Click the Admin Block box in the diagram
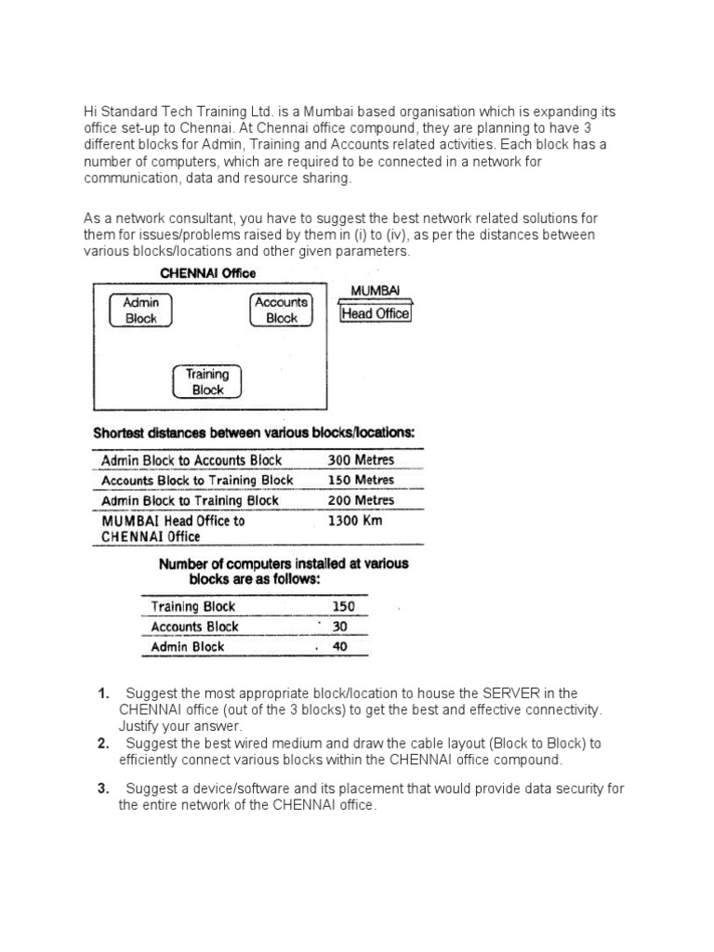pos(141,311)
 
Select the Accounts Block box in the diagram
pos(281,310)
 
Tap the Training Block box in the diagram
pos(207,382)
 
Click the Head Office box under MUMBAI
pos(376,314)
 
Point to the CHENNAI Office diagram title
pos(208,273)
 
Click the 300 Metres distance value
pos(361,460)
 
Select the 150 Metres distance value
pos(361,481)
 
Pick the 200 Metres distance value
pos(361,500)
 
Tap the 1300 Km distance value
pos(355,521)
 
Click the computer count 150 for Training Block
pos(343,607)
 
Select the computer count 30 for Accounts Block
pos(339,627)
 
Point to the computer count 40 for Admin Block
pos(339,647)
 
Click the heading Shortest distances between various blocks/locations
pos(254,433)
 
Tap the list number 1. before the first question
pos(104,694)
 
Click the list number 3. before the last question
pos(104,789)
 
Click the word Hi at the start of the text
pos(92,112)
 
